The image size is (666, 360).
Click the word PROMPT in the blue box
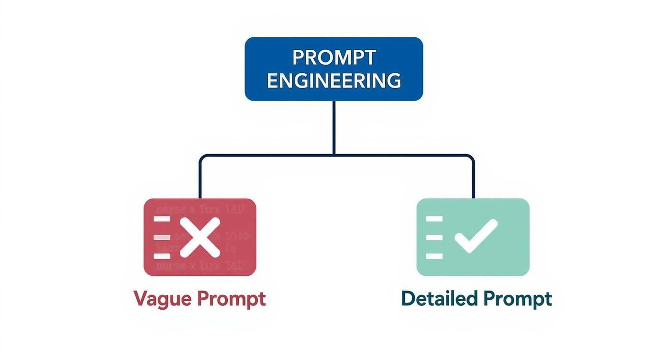333,57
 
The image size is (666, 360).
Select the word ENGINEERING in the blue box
333,80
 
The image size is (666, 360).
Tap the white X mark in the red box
200,237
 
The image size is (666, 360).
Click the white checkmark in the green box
476,235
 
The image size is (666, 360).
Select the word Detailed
439,299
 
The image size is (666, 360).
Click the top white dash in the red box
162,218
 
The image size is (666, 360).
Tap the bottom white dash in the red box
162,256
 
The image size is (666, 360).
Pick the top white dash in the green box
434,218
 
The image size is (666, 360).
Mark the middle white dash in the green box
434,237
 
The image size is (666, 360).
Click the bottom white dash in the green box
434,256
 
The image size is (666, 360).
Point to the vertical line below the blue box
333,127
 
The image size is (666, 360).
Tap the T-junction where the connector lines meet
333,155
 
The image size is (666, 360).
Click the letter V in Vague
140,299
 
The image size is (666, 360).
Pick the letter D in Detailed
408,298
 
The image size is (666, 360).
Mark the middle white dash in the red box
162,237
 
